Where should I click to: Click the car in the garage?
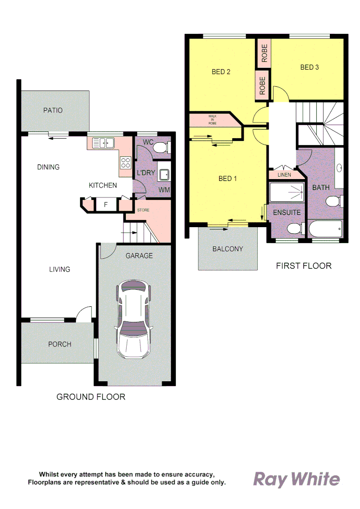coord(134,321)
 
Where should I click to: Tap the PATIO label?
coord(53,110)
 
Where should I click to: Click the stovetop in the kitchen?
coord(126,163)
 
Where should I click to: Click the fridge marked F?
coord(106,205)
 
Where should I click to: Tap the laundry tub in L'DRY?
coord(164,175)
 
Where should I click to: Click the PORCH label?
coord(60,344)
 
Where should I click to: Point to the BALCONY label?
coord(228,249)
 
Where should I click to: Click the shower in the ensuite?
coord(286,192)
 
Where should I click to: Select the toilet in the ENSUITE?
coord(295,230)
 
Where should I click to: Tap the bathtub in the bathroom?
coord(325,230)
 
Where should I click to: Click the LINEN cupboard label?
coord(284,175)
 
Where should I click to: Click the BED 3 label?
coord(310,67)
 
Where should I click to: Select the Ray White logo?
coord(296,479)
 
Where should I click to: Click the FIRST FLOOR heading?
coord(303,266)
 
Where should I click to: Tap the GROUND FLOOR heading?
coord(91,397)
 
